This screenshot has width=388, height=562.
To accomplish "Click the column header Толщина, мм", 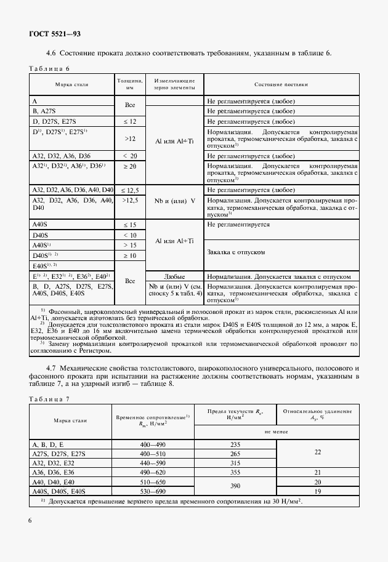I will pos(130,84).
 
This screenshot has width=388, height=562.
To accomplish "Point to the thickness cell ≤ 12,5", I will pos(130,190).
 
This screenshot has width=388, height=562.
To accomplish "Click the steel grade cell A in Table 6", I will pos(35,100).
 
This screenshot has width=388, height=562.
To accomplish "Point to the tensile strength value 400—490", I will pos(153,444).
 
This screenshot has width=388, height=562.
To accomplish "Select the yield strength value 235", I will pos(234,444).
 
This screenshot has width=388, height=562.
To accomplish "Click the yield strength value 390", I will pos(234,486).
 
